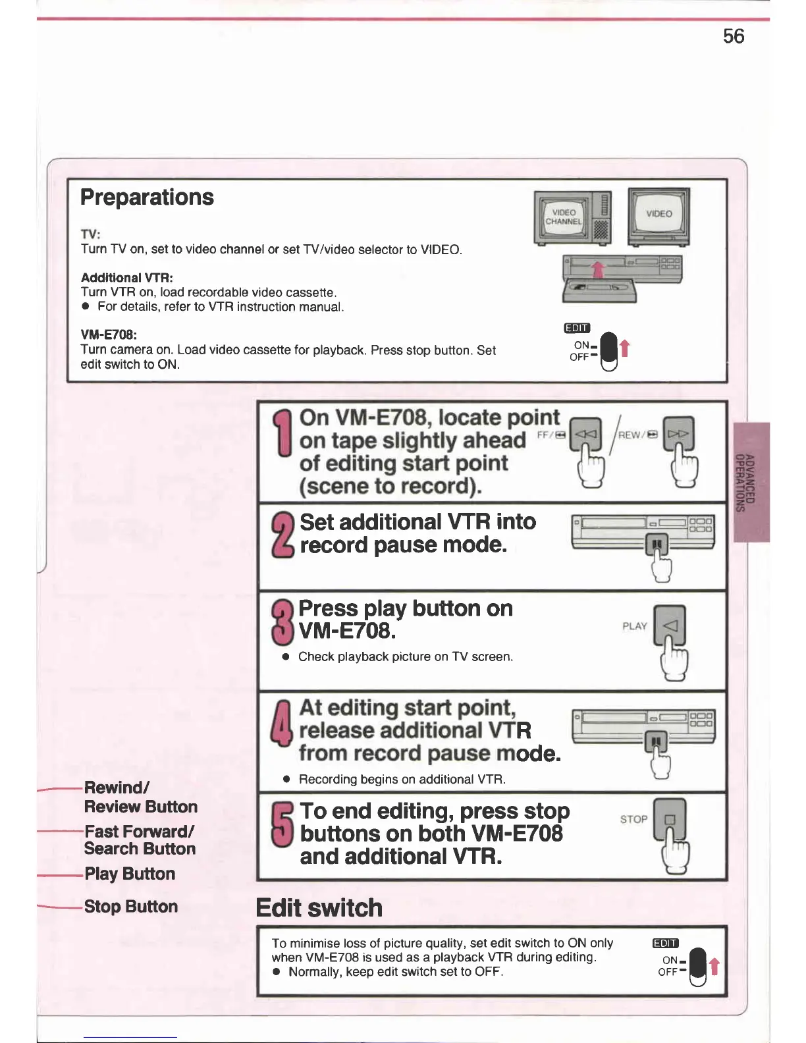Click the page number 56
(733, 36)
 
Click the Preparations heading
(147, 198)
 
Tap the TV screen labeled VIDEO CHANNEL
(564, 217)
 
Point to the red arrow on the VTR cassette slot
(597, 269)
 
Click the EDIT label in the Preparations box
(577, 328)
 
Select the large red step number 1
(284, 433)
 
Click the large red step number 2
(283, 535)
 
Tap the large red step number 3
(282, 622)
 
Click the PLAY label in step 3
(635, 626)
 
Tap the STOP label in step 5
(633, 819)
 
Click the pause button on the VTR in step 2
(657, 545)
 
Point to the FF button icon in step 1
(585, 434)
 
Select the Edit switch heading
(319, 908)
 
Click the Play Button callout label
(130, 874)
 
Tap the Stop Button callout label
(130, 907)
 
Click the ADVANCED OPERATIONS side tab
(751, 482)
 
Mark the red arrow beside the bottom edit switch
(714, 967)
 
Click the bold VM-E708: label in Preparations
(109, 335)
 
